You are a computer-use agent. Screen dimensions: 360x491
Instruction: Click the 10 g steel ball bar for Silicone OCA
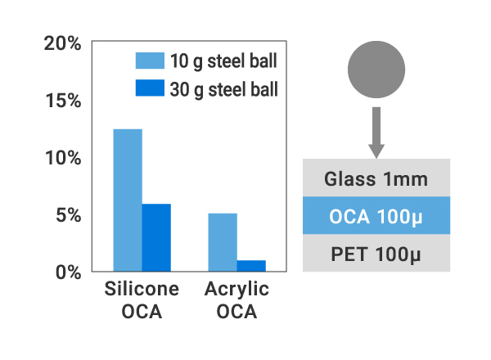128,200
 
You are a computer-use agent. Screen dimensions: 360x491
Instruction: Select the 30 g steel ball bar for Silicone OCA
156,237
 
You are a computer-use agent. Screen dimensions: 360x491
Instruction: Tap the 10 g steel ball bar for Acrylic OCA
223,242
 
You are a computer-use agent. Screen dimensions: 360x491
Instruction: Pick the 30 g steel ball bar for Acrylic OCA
251,266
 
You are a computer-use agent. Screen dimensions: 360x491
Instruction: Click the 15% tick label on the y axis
62,101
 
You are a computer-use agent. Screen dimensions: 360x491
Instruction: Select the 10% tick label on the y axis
62,158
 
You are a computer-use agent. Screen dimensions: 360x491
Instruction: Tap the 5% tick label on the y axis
67,216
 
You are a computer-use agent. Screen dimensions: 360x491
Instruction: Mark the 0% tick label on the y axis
67,272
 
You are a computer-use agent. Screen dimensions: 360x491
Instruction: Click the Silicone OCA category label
142,300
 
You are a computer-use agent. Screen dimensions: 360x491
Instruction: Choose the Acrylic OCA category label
237,300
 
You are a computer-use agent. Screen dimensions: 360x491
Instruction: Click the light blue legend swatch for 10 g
150,60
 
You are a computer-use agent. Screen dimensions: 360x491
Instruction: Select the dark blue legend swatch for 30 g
150,88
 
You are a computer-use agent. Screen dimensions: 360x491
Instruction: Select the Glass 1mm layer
376,178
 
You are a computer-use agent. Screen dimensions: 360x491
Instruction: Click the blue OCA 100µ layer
376,216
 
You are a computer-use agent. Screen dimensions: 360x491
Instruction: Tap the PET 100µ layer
376,254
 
